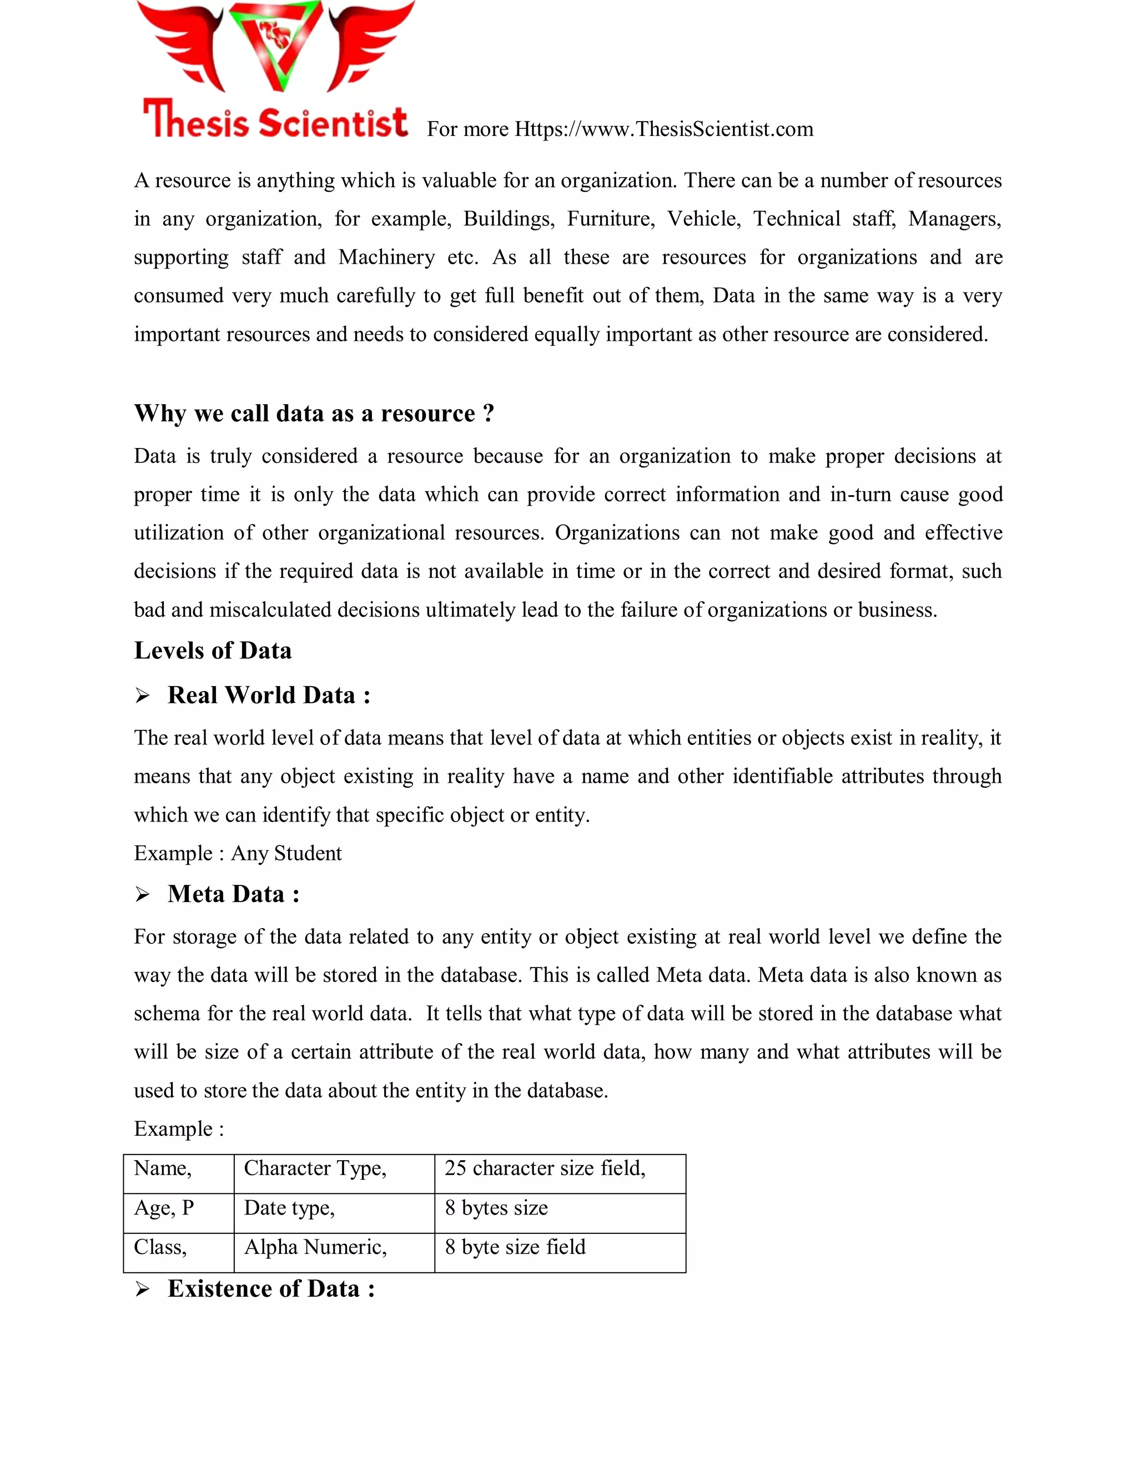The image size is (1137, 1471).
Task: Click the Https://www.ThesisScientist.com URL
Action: tap(663, 129)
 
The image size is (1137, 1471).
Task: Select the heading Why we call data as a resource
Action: tap(314, 413)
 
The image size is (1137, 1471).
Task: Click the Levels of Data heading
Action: tap(213, 651)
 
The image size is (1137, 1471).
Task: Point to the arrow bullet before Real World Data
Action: tap(142, 696)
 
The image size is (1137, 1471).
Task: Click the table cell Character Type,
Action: tap(334, 1174)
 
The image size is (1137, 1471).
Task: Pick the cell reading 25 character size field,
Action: tap(560, 1174)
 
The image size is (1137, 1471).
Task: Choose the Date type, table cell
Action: tap(334, 1213)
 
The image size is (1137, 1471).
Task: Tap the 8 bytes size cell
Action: tap(560, 1213)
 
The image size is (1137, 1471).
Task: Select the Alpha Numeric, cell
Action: tap(334, 1253)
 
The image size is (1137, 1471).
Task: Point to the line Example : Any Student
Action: tap(238, 853)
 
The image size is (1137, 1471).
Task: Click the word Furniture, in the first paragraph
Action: tap(610, 219)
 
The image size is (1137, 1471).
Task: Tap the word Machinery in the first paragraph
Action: tap(386, 258)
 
